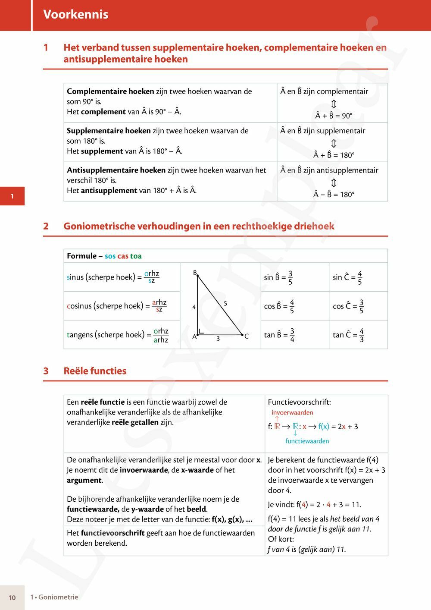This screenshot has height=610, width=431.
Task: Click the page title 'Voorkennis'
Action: tap(75, 14)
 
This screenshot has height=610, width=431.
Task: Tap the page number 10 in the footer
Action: tap(12, 597)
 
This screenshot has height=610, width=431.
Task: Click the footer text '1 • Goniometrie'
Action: tap(54, 597)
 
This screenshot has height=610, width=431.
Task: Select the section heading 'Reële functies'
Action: tap(95, 371)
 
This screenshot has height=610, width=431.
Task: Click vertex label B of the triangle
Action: tap(195, 273)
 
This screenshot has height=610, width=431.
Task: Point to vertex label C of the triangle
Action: tap(247, 336)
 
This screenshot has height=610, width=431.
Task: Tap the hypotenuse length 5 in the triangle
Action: tap(225, 304)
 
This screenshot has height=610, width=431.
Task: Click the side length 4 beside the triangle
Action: tap(194, 307)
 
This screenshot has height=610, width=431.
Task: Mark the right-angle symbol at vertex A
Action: tap(201, 331)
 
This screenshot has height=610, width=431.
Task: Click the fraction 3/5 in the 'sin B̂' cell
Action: tap(290, 277)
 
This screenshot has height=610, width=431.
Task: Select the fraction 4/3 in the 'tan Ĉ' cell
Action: tap(361, 335)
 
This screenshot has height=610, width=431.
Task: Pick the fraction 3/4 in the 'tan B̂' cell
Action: tap(292, 335)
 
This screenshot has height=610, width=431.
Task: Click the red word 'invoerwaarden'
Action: tap(292, 412)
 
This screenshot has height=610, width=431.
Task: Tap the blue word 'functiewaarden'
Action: tap(307, 441)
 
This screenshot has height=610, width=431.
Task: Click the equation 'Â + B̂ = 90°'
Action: tap(334, 116)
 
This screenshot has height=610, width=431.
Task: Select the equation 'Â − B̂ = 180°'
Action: tap(334, 195)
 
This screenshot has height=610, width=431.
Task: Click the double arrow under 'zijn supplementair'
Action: tap(334, 143)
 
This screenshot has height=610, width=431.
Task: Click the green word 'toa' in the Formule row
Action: tap(136, 256)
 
